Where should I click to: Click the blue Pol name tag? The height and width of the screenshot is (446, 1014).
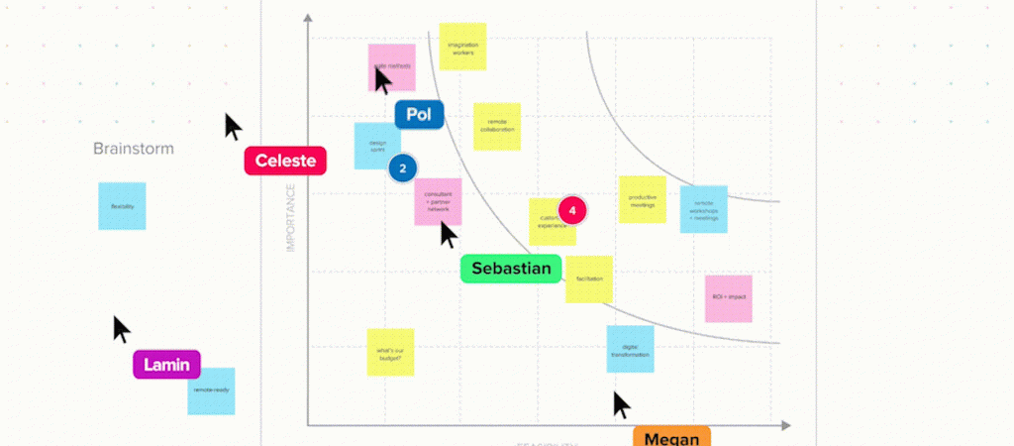[419, 115]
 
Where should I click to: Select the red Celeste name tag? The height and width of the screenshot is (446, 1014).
[285, 161]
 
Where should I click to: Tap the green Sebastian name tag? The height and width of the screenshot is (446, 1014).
[511, 269]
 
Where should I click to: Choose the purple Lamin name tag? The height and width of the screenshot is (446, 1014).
[167, 365]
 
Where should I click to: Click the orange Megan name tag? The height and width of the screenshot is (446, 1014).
[671, 438]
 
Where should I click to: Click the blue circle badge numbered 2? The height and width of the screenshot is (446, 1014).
[402, 168]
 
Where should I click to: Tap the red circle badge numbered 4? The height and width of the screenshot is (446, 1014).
[572, 210]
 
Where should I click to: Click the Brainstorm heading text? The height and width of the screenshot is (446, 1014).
[134, 149]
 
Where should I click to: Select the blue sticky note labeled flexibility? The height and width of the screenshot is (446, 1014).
[122, 206]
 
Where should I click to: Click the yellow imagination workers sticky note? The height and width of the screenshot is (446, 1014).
[462, 47]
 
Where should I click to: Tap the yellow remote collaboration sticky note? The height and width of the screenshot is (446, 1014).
[497, 127]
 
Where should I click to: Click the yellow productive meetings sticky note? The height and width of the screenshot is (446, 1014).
[643, 199]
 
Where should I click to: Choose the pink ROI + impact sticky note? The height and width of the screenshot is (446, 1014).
[729, 297]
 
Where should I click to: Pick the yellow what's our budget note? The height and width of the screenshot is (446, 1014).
[390, 353]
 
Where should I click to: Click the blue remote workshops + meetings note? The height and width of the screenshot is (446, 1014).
[704, 209]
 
